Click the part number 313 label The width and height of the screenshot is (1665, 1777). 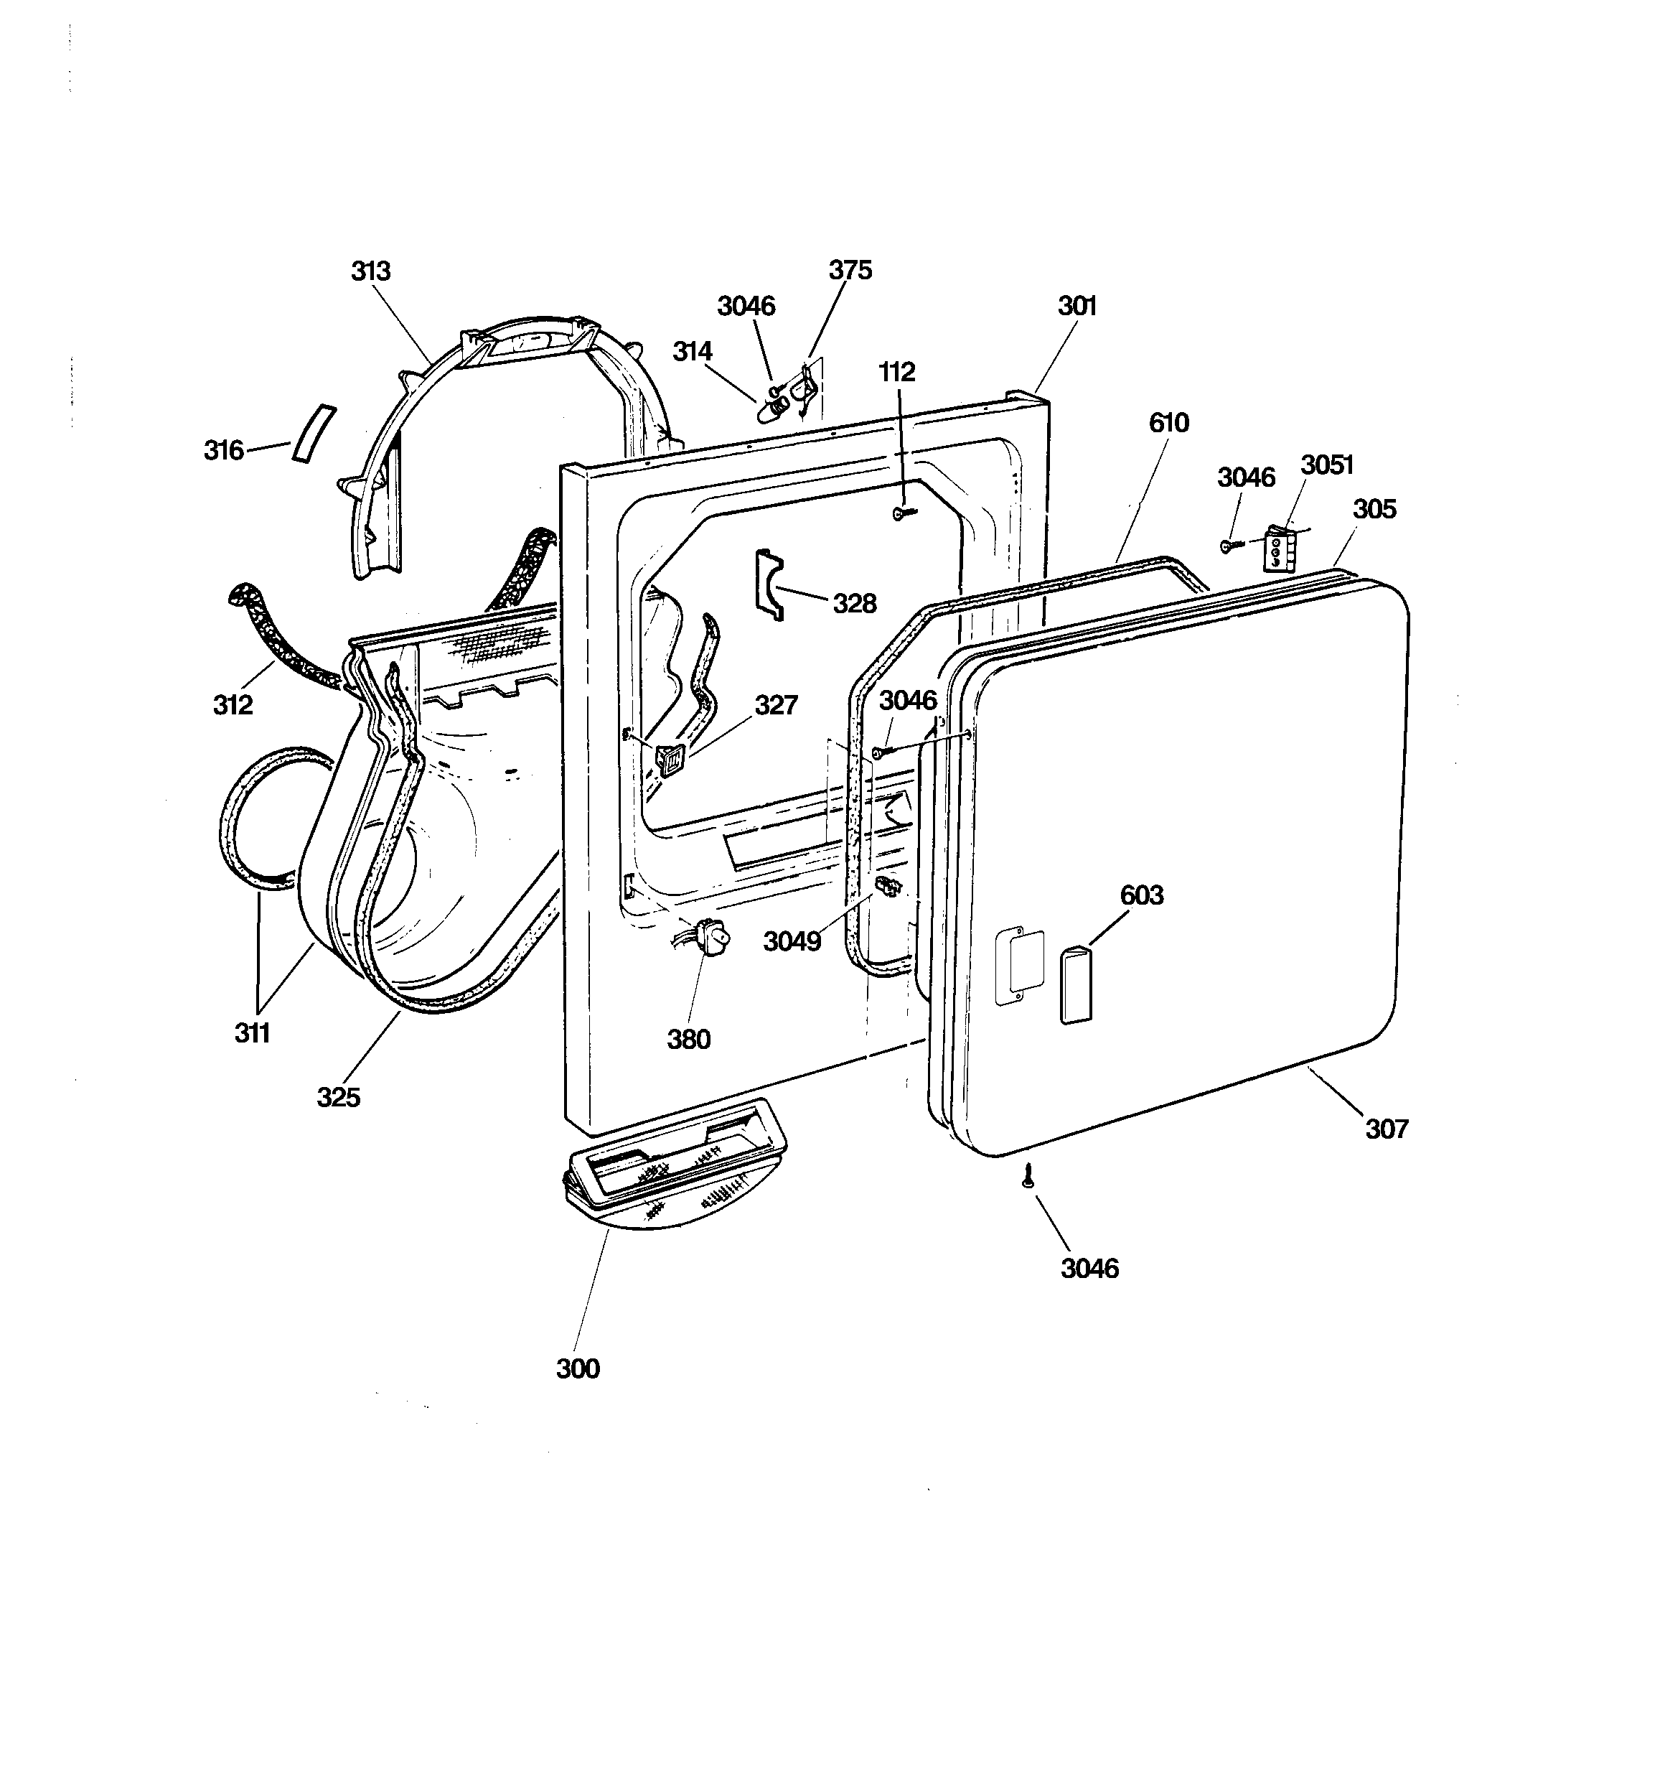click(x=371, y=271)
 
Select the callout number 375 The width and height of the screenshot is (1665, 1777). click(x=850, y=270)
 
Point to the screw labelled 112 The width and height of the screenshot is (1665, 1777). click(x=904, y=513)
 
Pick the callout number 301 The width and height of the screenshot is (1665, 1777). click(x=1077, y=306)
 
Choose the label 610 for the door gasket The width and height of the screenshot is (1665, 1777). click(x=1169, y=423)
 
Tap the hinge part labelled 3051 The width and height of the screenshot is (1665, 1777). click(x=1279, y=551)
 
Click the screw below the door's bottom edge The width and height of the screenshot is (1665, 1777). click(x=1028, y=1179)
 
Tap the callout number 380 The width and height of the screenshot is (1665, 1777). click(x=689, y=1040)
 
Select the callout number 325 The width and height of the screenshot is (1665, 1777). click(x=339, y=1097)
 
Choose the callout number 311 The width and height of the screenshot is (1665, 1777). click(x=252, y=1033)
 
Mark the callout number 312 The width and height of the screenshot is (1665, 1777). click(x=233, y=705)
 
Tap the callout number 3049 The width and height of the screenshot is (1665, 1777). click(x=792, y=941)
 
